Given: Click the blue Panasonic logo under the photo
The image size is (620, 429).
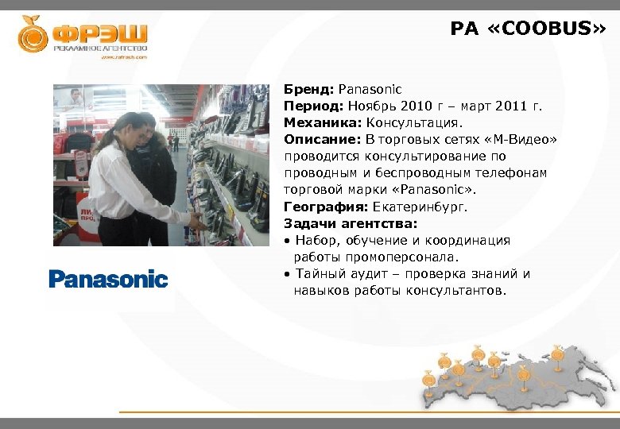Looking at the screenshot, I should (108, 279).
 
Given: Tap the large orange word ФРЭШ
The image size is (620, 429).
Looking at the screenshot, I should (99, 33).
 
